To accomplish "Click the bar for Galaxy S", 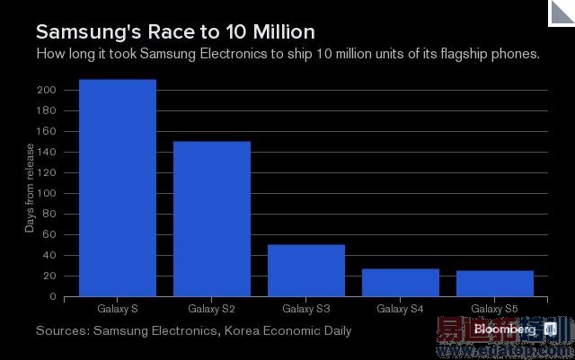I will (x=118, y=188).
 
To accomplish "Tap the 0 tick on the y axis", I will (x=54, y=296).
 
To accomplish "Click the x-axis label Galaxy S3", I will (x=306, y=309).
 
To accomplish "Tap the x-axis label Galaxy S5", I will (x=495, y=309).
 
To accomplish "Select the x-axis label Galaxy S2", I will (x=212, y=309).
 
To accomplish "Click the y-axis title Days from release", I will (x=30, y=189).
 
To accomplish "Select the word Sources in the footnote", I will (x=62, y=331).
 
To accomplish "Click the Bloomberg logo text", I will (x=507, y=329).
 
